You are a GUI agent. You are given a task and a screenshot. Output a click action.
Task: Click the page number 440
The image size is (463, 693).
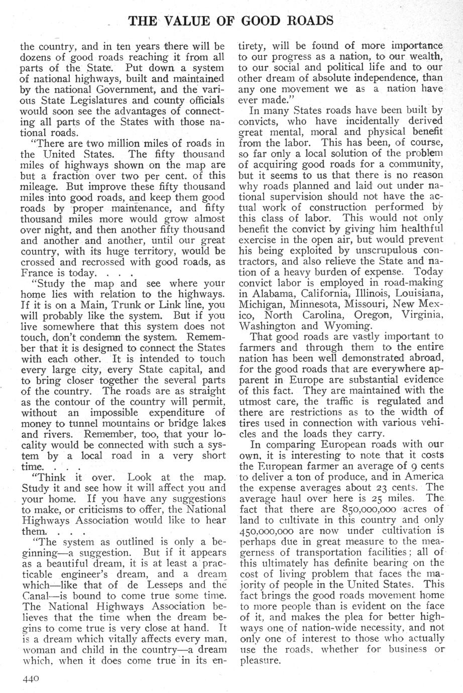[x=30, y=678]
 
